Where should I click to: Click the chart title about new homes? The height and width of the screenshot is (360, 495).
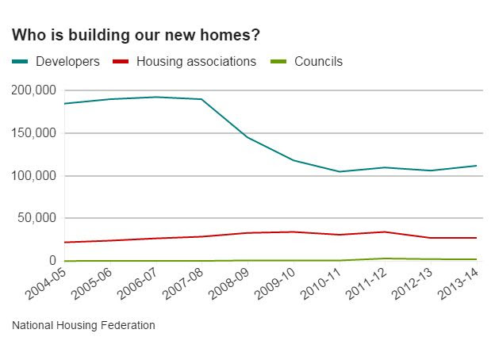pos(136,36)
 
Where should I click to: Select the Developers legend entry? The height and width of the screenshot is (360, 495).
pos(67,61)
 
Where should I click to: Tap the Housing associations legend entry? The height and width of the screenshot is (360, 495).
pos(196,61)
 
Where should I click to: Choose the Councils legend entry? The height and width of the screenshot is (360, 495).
pos(318,61)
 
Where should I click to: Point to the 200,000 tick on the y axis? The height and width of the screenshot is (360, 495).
pos(33,90)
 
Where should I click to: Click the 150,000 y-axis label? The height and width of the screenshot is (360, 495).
pos(33,133)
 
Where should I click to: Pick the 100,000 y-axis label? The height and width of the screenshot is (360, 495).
pos(33,175)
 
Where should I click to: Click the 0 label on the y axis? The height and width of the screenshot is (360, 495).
pos(52,261)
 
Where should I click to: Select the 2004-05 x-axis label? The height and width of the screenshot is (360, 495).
pos(47,283)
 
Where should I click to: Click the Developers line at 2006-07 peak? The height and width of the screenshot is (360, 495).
pos(155,97)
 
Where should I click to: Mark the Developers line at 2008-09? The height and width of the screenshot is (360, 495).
pos(247,137)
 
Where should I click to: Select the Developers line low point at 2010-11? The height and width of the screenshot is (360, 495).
pos(339,171)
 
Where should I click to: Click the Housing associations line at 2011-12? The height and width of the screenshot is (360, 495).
pos(385,232)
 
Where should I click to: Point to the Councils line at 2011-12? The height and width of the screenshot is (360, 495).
pos(385,259)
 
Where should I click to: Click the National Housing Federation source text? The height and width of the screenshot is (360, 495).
pos(83,325)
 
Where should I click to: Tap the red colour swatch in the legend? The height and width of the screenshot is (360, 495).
pos(121,61)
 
